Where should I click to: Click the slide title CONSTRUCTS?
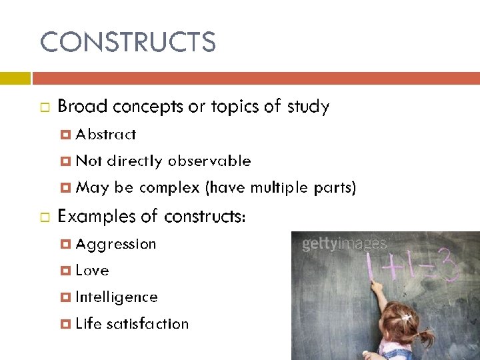tap(128, 43)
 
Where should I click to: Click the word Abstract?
tap(106, 134)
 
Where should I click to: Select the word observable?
tap(209, 161)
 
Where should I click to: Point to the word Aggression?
tap(116, 244)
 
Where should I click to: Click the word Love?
tap(92, 270)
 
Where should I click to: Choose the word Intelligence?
tap(117, 297)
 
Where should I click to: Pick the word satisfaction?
tap(147, 323)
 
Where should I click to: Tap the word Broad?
tap(83, 107)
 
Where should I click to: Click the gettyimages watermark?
tap(344, 244)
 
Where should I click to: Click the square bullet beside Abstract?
tap(65, 135)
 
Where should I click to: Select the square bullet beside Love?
tap(65, 271)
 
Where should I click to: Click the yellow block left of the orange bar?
tap(15, 78)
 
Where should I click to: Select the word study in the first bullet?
tap(307, 107)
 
